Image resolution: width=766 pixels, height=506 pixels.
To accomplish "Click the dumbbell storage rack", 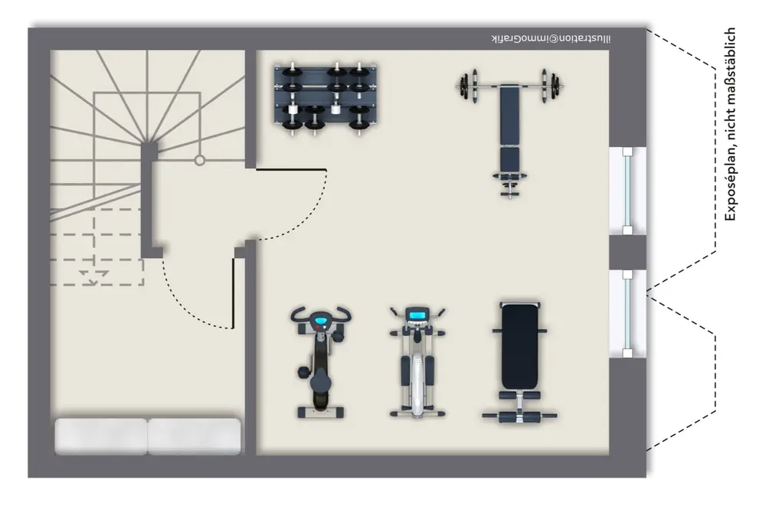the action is point(326,98).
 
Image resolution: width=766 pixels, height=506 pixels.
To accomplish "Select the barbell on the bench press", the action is point(509,87).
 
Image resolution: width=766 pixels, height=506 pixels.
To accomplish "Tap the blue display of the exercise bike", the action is point(320,322).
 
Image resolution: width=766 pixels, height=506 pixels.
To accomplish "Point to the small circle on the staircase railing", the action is point(199,160).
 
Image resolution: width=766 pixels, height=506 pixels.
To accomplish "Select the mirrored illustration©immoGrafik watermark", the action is point(551,38).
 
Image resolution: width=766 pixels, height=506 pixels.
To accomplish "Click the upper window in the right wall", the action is point(627,191).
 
